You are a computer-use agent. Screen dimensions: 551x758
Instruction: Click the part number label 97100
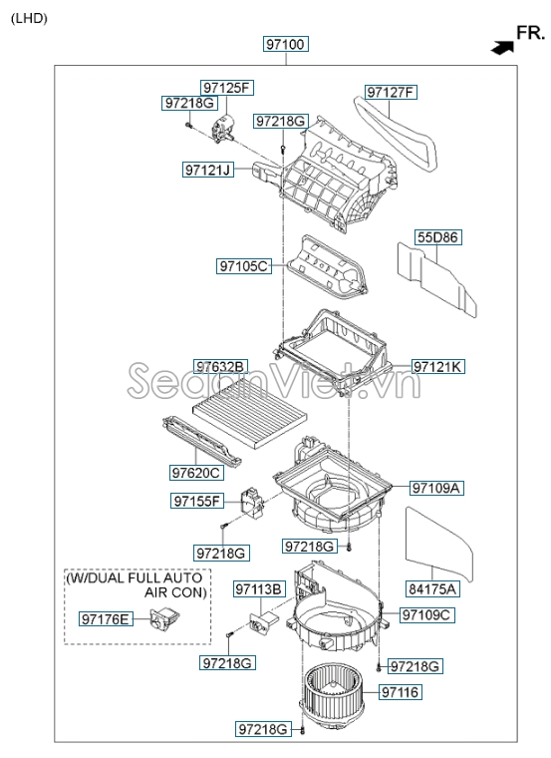pos(286,44)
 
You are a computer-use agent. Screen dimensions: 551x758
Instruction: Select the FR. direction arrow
pos(502,47)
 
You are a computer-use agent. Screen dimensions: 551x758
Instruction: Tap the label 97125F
pos(227,88)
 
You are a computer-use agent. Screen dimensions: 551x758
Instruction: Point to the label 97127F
pos(391,92)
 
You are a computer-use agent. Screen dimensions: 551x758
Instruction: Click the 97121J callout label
pos(208,170)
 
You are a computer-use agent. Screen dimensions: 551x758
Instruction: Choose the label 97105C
pos(244,266)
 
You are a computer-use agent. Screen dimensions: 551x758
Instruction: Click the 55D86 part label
pos(438,237)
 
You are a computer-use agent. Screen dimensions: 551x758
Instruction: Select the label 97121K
pos(438,367)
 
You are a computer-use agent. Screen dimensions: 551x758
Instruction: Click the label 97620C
pos(196,473)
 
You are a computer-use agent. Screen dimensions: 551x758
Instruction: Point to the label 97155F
pos(197,501)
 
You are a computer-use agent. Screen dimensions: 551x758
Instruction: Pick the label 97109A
pos(436,489)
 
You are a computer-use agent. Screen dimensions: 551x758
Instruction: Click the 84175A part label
pos(432,588)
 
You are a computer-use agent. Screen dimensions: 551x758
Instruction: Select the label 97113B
pos(260,589)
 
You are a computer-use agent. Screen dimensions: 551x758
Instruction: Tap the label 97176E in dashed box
pos(106,618)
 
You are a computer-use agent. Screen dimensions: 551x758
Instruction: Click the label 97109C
pos(426,615)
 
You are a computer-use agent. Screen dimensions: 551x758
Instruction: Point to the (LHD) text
pos(30,18)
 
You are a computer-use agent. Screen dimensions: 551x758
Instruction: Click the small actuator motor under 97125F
pos(223,128)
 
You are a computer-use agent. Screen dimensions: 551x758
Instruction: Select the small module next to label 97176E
pos(164,618)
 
